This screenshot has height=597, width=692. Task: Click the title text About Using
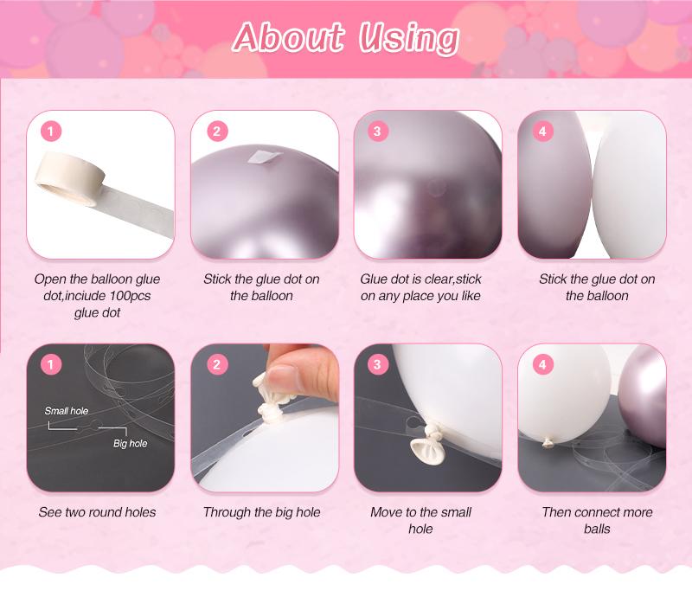[345, 38]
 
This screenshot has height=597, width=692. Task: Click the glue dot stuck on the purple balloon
[264, 157]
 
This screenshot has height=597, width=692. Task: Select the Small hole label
[67, 411]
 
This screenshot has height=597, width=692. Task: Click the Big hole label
[131, 443]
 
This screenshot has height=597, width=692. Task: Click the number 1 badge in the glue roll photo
[51, 132]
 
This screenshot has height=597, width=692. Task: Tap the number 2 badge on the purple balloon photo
[217, 132]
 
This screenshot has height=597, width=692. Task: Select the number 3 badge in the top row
[377, 132]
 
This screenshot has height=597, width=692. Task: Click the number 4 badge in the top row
[542, 132]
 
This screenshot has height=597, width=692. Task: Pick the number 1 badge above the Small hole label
[51, 364]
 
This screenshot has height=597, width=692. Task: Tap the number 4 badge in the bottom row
[542, 364]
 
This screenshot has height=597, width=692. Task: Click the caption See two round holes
[97, 512]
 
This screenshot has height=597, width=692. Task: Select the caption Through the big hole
[262, 512]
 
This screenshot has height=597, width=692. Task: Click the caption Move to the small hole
[420, 520]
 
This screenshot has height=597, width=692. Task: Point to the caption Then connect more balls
[597, 520]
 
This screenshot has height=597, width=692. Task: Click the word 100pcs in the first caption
[131, 295]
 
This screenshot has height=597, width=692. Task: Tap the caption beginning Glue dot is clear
[420, 287]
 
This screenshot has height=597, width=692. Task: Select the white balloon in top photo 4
[629, 184]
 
